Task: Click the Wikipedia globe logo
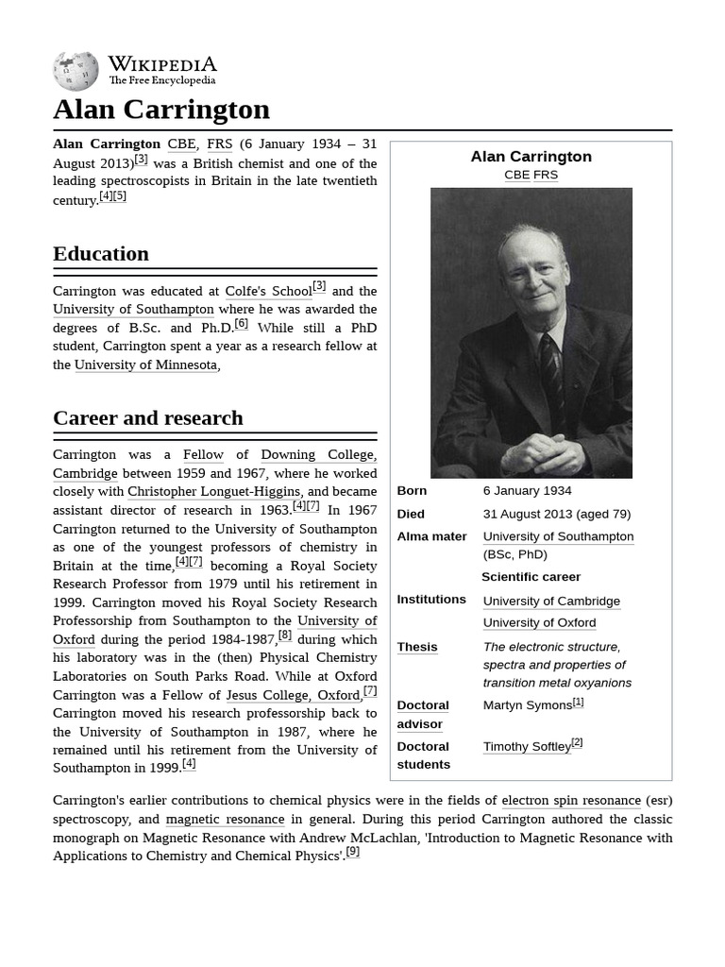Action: click(x=76, y=71)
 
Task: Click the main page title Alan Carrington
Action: click(x=161, y=110)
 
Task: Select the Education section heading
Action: click(x=101, y=254)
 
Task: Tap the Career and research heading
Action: click(x=148, y=418)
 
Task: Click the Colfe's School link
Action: click(x=268, y=292)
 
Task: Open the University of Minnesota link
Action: click(x=145, y=365)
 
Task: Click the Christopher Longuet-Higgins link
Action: click(x=214, y=492)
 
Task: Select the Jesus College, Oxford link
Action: click(x=293, y=696)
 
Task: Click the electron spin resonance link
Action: click(x=570, y=801)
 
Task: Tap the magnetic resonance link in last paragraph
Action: click(x=225, y=820)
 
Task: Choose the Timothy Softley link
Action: click(x=527, y=747)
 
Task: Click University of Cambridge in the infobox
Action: click(x=551, y=602)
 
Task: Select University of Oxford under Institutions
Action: click(x=539, y=623)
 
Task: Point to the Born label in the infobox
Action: click(x=412, y=491)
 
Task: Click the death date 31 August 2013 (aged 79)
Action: click(x=556, y=515)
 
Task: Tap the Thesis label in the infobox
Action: click(x=416, y=648)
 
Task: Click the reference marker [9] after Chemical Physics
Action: click(x=352, y=852)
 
